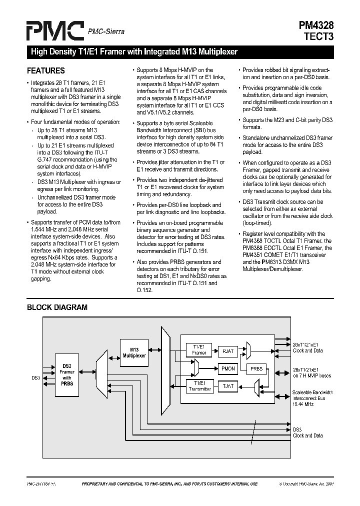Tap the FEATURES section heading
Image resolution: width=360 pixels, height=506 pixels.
click(45, 71)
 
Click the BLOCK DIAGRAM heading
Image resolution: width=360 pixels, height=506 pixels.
click(57, 307)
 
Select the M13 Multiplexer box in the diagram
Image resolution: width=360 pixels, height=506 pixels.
click(134, 352)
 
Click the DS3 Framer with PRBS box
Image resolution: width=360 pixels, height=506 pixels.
click(66, 374)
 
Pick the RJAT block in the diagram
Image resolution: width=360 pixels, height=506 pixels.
click(228, 351)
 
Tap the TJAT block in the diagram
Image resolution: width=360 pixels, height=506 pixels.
click(228, 386)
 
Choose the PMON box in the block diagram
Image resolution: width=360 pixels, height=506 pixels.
click(228, 368)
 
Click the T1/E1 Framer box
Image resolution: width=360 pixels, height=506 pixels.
click(199, 349)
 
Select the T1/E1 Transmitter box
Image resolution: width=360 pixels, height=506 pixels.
click(199, 386)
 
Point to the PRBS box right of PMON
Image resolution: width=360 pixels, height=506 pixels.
click(256, 368)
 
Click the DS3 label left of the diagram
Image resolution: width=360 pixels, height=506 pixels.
click(35, 377)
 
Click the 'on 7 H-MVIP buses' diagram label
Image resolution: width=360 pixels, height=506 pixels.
click(311, 375)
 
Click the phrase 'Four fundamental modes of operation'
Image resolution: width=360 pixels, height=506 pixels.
click(75, 121)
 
